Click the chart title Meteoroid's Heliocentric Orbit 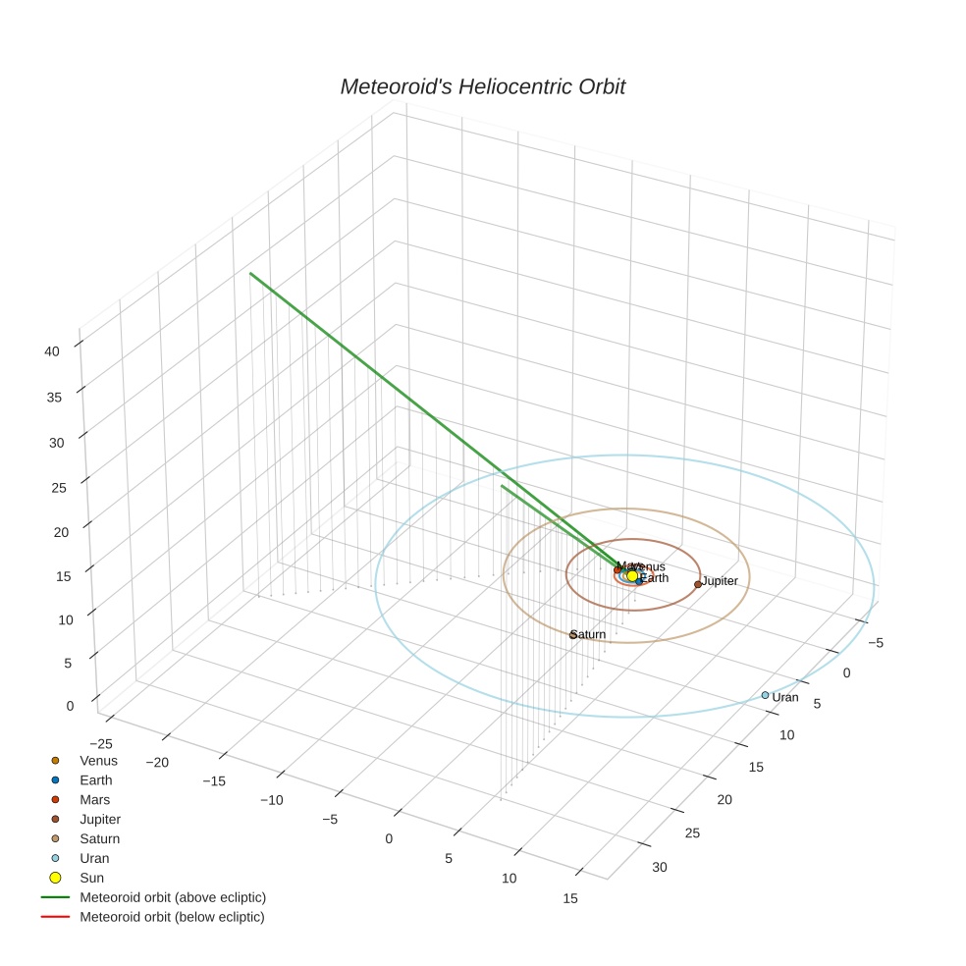pos(482,87)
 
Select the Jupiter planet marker pos(698,584)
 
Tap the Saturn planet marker pos(573,635)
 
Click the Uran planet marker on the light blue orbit pos(766,695)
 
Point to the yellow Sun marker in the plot pos(632,576)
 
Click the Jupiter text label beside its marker pos(720,582)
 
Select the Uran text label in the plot pos(785,698)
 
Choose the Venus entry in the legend pos(98,761)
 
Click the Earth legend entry pos(95,780)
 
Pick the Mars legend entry pos(94,800)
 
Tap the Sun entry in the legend pos(91,879)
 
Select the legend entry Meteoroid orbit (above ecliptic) pos(172,897)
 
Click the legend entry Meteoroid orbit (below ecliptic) pos(172,917)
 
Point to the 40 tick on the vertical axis pos(53,351)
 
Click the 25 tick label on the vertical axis pos(58,488)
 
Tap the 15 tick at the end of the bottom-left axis pos(570,898)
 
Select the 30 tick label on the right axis pos(659,868)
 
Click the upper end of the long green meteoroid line pos(250,274)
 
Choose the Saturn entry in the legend pos(99,839)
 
